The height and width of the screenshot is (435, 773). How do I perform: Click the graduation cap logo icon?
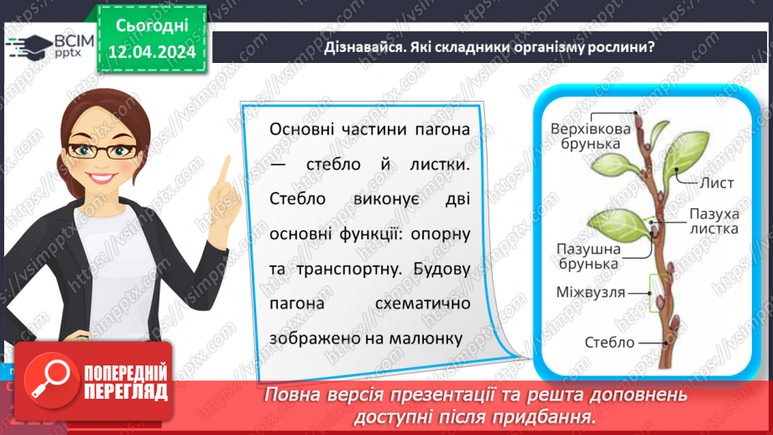tap(28, 46)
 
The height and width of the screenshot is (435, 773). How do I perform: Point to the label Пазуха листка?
tap(714, 221)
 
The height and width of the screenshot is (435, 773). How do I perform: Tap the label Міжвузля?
tap(591, 292)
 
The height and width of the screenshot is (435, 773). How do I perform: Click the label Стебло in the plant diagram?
tap(612, 342)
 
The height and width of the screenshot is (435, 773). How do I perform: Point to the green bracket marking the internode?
tap(660, 292)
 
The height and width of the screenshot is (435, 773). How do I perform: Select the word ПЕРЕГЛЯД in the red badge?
tap(126, 391)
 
